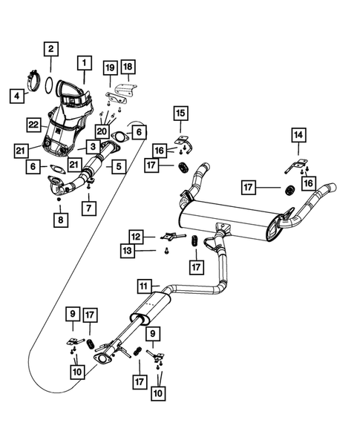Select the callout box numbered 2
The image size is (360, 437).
click(x=50, y=50)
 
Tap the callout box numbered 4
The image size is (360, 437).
click(x=16, y=95)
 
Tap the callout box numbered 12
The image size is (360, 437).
click(x=137, y=236)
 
